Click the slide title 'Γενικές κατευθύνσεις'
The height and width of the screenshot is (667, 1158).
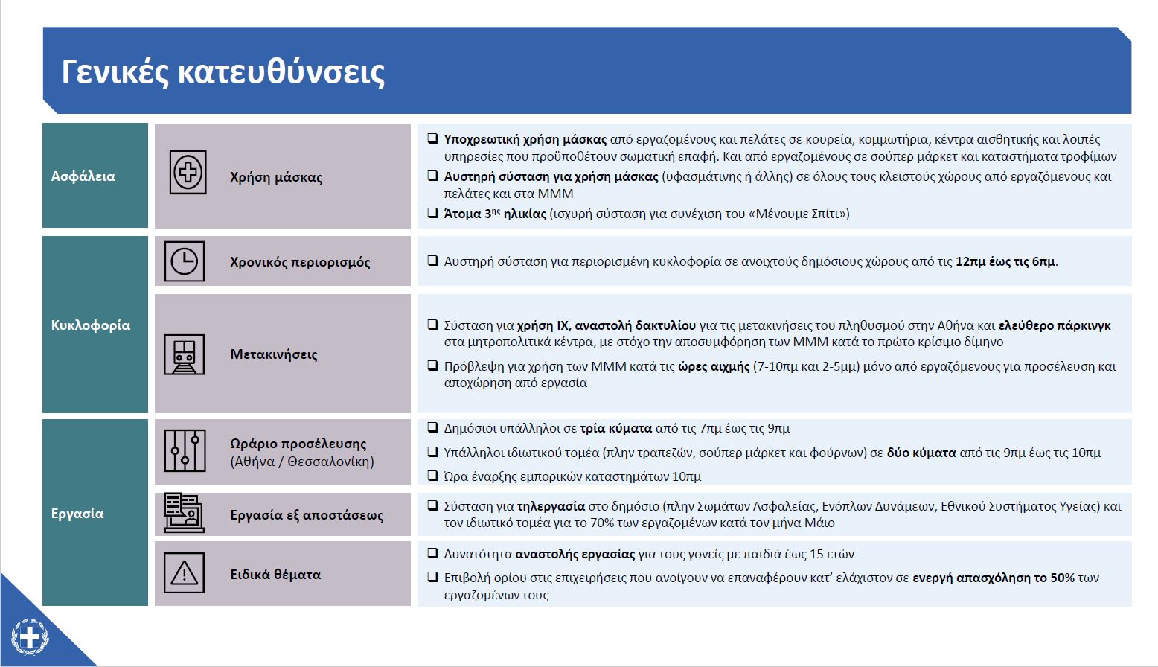[223, 72]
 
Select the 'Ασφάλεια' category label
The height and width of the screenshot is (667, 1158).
[83, 176]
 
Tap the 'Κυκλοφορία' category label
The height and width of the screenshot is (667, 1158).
[91, 325]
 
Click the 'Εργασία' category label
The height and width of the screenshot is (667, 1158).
[77, 514]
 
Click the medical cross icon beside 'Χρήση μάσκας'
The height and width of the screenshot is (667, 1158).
[188, 173]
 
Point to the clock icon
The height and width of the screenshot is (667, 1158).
[184, 261]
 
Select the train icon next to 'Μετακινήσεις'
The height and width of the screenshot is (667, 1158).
[184, 354]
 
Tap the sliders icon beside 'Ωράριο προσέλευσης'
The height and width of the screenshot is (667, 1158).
[185, 450]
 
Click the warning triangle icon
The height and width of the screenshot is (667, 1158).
[184, 573]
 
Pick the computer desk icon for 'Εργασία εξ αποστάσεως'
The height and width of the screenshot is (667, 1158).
[184, 513]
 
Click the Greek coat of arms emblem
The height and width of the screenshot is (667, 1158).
[30, 638]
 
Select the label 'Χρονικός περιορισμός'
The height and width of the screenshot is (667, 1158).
[300, 262]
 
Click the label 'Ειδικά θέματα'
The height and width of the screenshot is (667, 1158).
[275, 575]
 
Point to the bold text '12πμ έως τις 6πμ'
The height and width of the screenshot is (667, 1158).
[1005, 261]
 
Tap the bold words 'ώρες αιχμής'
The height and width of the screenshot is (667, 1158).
[714, 366]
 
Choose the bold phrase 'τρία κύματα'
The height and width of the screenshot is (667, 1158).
[615, 428]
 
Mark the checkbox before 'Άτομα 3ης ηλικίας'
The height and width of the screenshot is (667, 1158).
[432, 213]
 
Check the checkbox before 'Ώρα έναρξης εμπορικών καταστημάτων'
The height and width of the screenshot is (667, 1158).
[432, 476]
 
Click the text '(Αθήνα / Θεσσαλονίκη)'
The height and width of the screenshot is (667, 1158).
[302, 462]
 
